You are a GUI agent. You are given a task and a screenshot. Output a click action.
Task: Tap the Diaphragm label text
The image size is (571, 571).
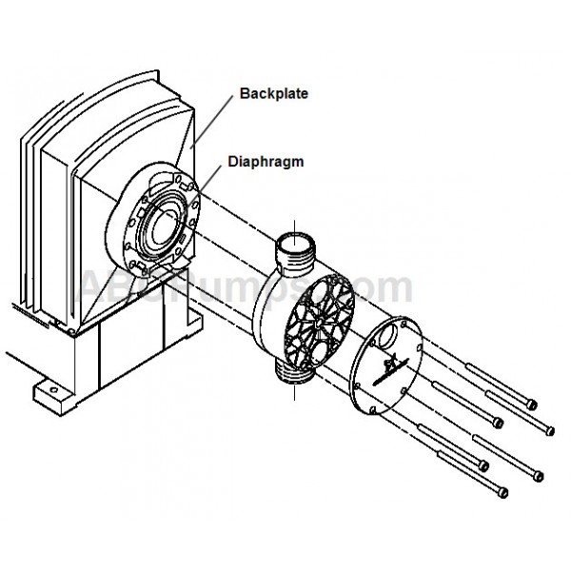click(266, 162)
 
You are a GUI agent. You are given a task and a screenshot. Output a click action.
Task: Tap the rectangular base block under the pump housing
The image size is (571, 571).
click(133, 366)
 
